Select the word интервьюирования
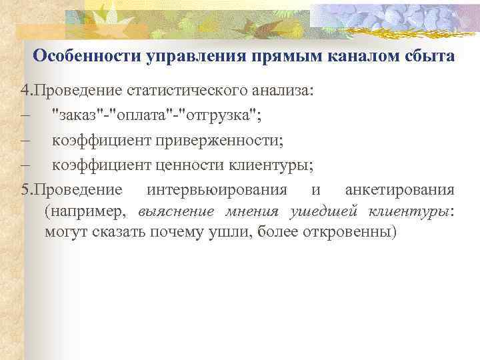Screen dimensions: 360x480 [217, 189]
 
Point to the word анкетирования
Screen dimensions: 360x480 [400, 189]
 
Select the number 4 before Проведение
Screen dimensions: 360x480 [24, 91]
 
